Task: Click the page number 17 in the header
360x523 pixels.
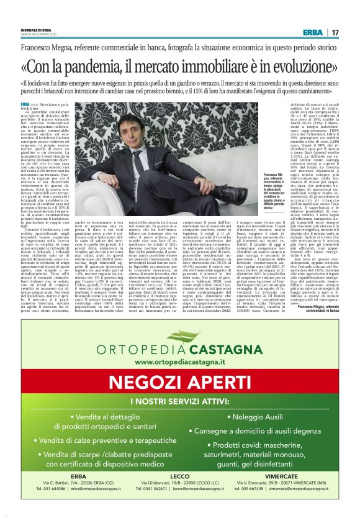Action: (335, 32)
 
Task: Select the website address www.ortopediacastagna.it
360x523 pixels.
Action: (179, 361)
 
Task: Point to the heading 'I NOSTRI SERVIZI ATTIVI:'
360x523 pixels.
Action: (179, 401)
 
